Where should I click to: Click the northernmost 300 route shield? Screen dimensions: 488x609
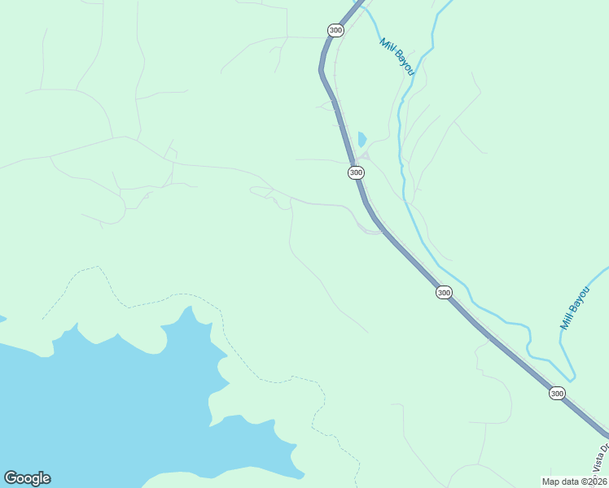[x=335, y=30]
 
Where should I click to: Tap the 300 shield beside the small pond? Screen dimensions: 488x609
[x=356, y=172]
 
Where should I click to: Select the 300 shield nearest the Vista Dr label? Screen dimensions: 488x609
[x=557, y=393]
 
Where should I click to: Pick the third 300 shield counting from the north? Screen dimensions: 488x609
[x=443, y=292]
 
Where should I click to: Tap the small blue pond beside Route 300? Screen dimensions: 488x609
[x=361, y=139]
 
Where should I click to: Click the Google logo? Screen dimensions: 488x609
[x=27, y=478]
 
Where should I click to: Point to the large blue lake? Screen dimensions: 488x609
[x=98, y=407]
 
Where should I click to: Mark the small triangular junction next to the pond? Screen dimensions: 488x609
[x=365, y=155]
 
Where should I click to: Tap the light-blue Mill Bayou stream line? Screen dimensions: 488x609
[x=401, y=138]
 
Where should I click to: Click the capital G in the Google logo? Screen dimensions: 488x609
[x=11, y=478]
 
